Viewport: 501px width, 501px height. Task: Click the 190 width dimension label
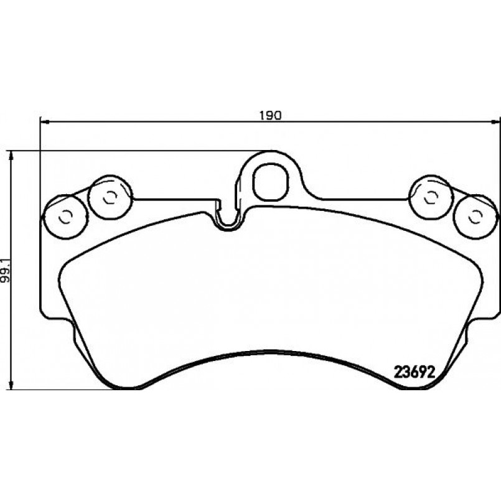tap(270, 116)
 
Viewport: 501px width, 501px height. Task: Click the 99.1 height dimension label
tap(5, 270)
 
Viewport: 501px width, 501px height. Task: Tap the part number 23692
tap(414, 372)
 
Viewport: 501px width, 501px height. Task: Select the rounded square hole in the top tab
tap(271, 182)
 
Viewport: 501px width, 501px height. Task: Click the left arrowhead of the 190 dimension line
tap(44, 122)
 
